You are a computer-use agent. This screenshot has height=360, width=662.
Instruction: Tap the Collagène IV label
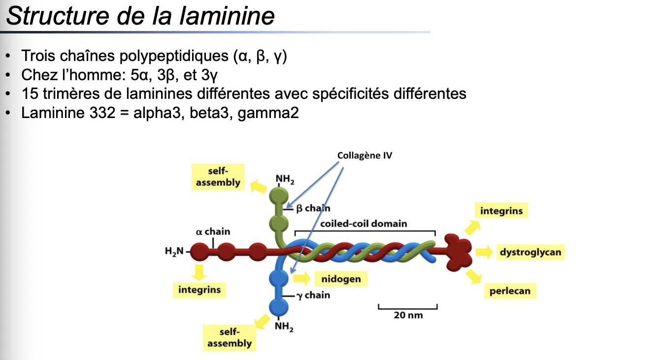pos(364,155)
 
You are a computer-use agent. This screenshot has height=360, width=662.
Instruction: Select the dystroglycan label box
pos(530,252)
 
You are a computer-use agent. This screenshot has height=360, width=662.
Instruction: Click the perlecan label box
pos(510,291)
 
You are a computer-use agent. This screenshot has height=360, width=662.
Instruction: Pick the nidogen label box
pos(341,279)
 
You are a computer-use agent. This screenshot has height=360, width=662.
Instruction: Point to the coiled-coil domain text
pos(364,223)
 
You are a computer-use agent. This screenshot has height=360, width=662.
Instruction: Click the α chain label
pos(213,231)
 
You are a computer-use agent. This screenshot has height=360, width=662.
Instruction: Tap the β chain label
pos(313,208)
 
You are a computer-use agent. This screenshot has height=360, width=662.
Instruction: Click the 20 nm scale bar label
pos(408,315)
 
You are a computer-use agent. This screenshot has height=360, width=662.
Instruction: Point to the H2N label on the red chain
pos(173,251)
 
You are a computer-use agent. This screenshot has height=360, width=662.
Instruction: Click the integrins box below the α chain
pos(199,290)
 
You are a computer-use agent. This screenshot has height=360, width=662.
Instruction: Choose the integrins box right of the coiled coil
pos(501,211)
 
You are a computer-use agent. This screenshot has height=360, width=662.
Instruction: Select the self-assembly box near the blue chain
pos(229,338)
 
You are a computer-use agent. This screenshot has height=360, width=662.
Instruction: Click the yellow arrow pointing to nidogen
pos(301,278)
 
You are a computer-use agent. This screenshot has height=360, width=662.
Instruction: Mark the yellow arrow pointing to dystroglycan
pos(484,252)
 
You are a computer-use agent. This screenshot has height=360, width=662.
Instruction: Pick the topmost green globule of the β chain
pos(279,194)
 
